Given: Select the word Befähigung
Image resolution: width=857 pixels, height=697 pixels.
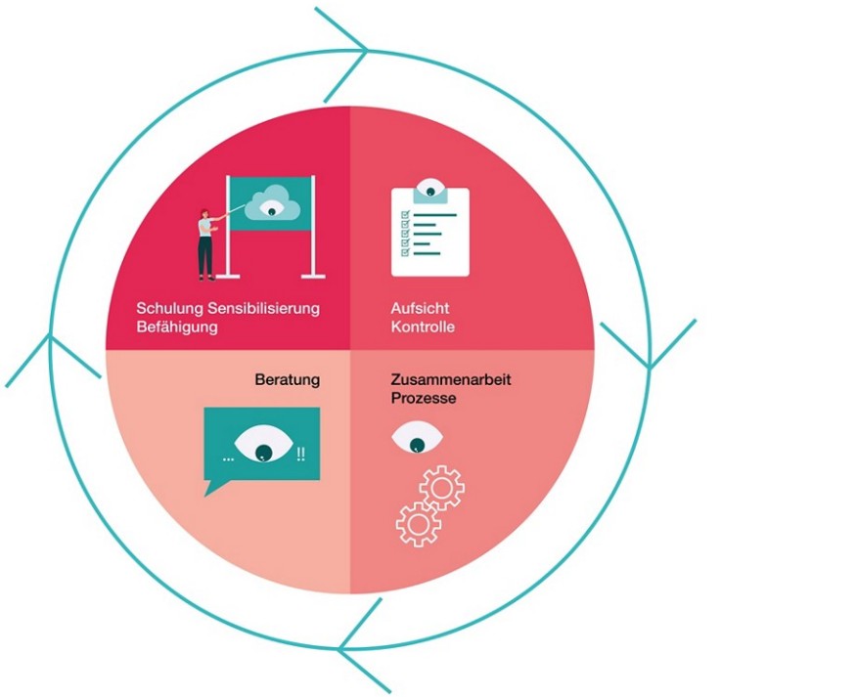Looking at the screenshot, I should click(x=177, y=327).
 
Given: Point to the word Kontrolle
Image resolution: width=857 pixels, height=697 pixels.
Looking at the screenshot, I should click(x=423, y=327).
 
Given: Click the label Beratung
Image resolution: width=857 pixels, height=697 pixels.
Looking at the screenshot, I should click(x=288, y=379).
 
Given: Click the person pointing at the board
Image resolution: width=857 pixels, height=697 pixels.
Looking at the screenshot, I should click(x=205, y=242).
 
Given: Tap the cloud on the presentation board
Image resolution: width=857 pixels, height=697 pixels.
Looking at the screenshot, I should click(x=270, y=205).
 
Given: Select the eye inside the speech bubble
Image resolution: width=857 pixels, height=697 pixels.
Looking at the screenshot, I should click(x=262, y=446).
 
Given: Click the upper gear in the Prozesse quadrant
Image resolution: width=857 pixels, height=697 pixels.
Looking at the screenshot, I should click(x=441, y=486).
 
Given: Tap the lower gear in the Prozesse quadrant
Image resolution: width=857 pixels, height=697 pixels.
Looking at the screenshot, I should click(x=418, y=523).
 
